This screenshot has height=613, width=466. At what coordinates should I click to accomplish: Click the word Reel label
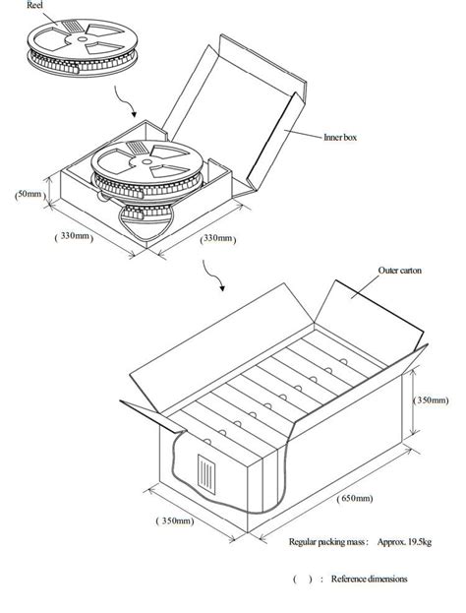(34, 6)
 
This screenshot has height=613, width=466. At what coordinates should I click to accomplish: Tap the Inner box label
(340, 137)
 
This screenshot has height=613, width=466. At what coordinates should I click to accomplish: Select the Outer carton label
(399, 271)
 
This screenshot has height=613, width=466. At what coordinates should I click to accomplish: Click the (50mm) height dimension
(29, 194)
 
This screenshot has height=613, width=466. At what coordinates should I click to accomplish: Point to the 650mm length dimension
(355, 499)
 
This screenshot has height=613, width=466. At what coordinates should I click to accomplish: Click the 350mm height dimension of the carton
(431, 399)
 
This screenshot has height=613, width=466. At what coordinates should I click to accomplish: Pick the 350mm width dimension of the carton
(175, 521)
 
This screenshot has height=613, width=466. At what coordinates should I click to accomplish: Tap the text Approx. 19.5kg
(404, 542)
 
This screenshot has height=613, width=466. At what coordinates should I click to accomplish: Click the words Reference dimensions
(369, 579)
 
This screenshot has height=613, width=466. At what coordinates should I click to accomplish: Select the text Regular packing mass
(326, 542)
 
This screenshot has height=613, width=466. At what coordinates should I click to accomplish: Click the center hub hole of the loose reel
(82, 39)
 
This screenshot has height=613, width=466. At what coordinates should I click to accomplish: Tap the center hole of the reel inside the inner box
(146, 161)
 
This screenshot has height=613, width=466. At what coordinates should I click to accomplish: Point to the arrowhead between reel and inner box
(134, 114)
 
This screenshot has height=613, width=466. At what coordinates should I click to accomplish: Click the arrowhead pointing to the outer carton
(222, 288)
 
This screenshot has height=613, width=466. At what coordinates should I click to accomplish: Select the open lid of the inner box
(234, 113)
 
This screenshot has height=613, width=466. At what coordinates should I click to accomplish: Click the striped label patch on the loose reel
(71, 26)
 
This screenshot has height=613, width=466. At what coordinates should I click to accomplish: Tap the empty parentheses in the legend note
(303, 580)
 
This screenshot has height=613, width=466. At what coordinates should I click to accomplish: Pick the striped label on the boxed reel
(136, 148)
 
